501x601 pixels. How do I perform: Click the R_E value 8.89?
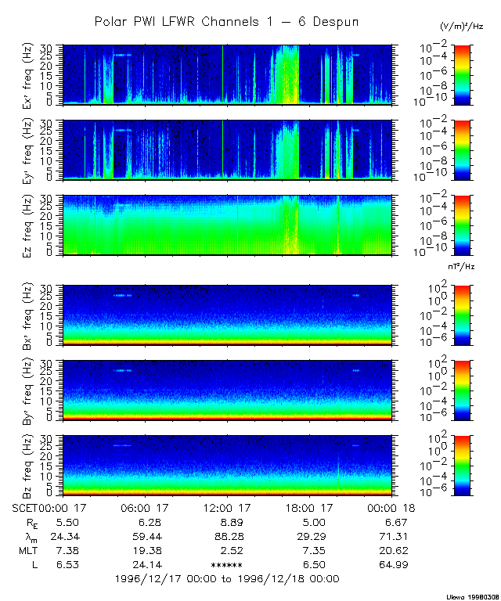[x=227, y=523]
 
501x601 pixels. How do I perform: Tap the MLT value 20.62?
[x=392, y=551]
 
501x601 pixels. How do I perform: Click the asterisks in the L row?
[x=227, y=565]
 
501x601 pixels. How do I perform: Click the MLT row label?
[x=26, y=551]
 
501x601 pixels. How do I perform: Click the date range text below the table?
[x=227, y=579]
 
